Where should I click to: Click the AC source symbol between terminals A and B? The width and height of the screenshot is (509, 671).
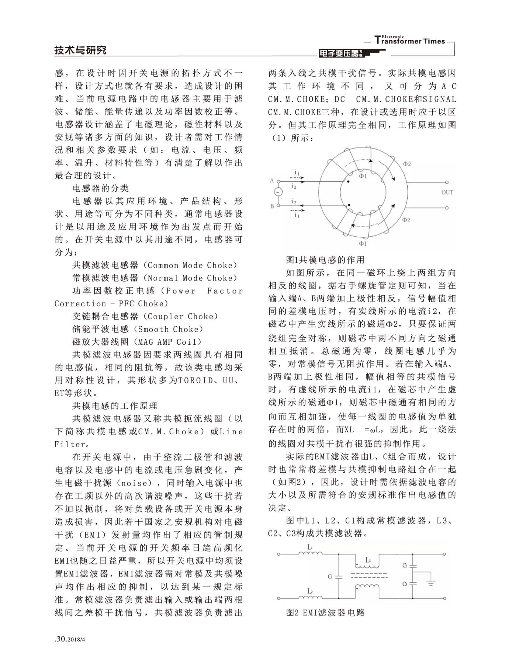tap(277, 192)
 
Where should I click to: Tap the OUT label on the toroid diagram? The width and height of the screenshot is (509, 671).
tap(447, 192)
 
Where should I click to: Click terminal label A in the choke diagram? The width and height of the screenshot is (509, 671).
tap(272, 181)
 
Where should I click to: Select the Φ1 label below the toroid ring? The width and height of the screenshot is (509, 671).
tap(363, 244)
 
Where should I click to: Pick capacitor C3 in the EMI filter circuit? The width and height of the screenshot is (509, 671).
tap(413, 584)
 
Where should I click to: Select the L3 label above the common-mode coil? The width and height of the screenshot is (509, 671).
tap(368, 560)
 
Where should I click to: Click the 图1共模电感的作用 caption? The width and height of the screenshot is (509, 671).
tap(325, 260)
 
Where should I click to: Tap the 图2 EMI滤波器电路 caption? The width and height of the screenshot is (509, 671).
tap(325, 612)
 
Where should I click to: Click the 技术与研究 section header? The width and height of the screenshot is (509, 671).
tap(80, 50)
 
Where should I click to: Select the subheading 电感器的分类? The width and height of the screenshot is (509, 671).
tap(101, 188)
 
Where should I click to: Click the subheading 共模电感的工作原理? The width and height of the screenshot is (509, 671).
tap(115, 406)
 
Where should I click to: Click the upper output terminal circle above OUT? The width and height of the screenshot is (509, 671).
tap(447, 182)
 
